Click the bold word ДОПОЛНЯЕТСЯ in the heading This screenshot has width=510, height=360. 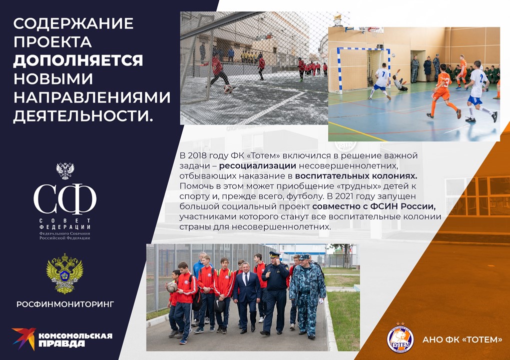(x=78, y=60)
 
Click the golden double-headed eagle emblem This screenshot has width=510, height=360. (x=65, y=273)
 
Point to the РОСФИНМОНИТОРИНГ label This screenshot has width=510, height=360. (x=65, y=304)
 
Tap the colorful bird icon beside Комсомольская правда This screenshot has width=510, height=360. (x=24, y=338)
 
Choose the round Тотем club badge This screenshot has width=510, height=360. (x=400, y=338)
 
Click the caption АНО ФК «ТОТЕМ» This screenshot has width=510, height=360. (x=462, y=340)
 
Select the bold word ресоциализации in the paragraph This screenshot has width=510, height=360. (x=257, y=165)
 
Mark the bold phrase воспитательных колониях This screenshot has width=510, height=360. (x=356, y=176)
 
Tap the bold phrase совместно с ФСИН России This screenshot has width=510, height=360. (x=374, y=206)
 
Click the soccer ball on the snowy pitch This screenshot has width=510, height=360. (x=228, y=88)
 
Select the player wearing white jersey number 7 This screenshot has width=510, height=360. (x=381, y=81)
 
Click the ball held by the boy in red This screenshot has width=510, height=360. (x=172, y=286)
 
